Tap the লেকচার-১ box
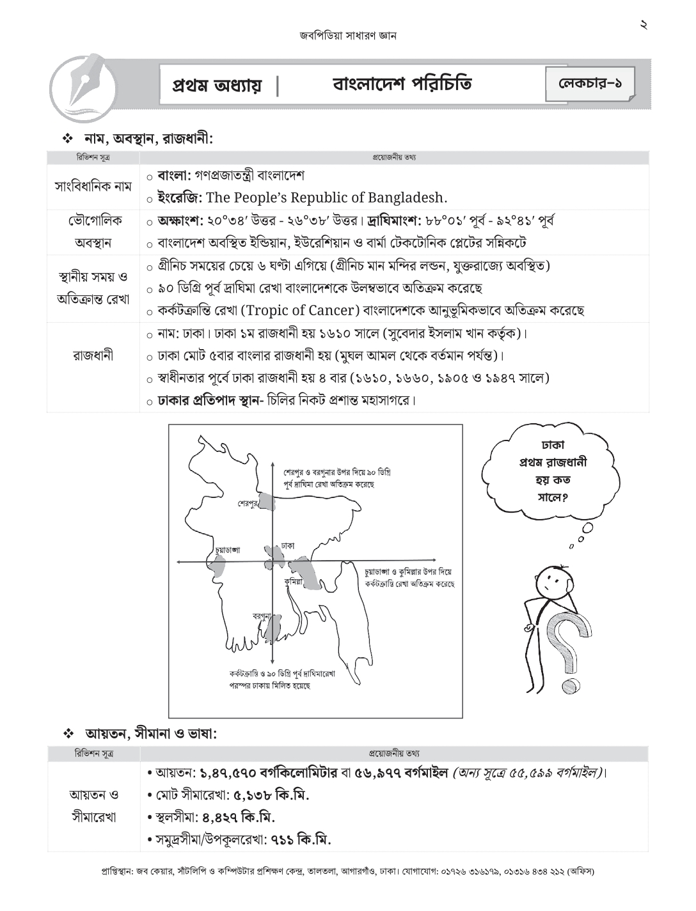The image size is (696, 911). tap(590, 84)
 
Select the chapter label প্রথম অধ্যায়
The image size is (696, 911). tap(217, 86)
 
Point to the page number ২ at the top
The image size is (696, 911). tap(644, 25)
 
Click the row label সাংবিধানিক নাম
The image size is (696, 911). tap(93, 187)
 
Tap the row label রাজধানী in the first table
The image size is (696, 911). tap(93, 355)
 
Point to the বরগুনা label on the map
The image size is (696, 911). tap(261, 616)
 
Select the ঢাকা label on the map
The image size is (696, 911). tap(287, 546)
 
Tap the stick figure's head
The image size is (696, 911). tap(552, 582)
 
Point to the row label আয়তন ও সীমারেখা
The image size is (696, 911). tap(93, 807)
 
